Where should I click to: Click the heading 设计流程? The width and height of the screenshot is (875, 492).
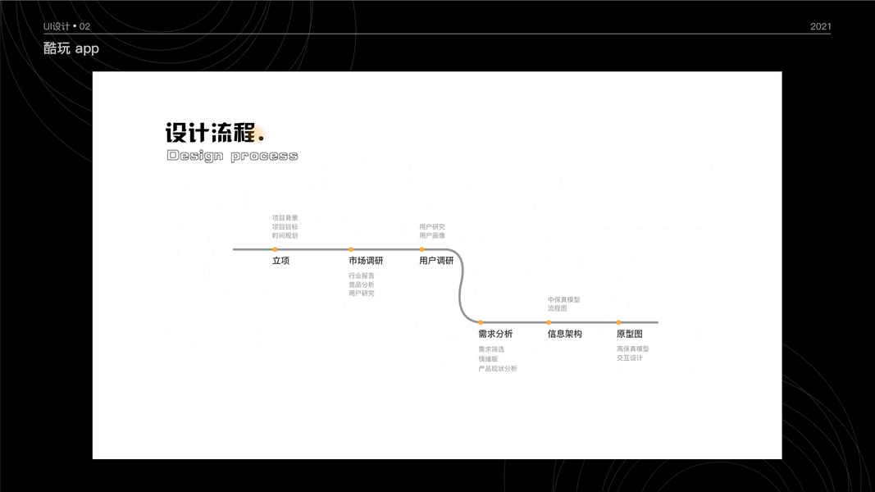[212, 133]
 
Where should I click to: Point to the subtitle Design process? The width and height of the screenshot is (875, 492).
[232, 156]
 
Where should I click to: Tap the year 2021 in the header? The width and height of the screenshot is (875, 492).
[820, 26]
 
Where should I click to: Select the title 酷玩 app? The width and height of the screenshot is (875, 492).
[71, 48]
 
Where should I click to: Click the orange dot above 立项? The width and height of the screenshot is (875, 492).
[275, 249]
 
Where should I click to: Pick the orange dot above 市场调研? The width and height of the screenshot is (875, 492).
[351, 249]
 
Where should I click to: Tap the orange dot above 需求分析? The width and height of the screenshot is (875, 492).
[481, 322]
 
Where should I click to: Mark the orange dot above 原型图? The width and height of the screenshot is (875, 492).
[618, 322]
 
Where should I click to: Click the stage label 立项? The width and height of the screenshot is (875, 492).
[280, 261]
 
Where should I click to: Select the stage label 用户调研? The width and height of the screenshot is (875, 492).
[436, 261]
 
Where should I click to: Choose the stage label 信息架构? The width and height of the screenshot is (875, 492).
[565, 334]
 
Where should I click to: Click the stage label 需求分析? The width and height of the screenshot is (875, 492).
[495, 334]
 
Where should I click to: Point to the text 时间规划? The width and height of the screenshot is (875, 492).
[285, 235]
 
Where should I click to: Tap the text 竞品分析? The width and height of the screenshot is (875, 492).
[362, 285]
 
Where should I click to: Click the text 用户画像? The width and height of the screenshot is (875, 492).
[432, 235]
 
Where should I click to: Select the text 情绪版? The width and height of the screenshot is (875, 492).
[488, 359]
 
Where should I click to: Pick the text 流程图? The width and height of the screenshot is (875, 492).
[558, 308]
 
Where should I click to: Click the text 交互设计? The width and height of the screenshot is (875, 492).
[630, 358]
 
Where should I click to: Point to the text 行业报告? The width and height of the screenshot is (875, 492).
[362, 276]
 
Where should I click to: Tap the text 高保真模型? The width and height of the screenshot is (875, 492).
[633, 349]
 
